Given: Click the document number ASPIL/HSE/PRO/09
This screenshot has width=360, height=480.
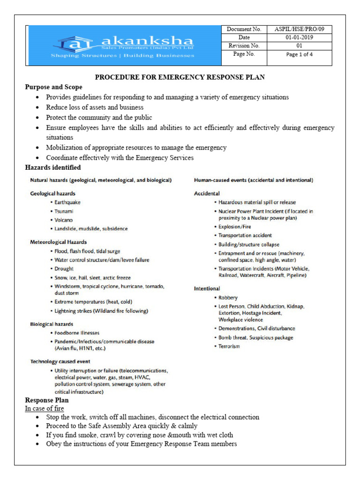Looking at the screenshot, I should click(x=300, y=29).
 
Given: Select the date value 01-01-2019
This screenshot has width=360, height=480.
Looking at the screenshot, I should click(x=300, y=37).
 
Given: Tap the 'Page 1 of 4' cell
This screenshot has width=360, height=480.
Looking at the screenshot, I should click(x=300, y=54).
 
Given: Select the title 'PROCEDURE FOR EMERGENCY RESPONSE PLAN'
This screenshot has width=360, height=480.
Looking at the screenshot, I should click(x=180, y=77).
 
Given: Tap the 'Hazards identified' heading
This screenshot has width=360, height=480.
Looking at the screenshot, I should click(x=52, y=167).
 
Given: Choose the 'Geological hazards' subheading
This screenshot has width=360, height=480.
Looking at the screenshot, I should click(x=53, y=193).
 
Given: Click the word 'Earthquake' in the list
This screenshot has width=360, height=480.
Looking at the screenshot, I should click(x=67, y=202).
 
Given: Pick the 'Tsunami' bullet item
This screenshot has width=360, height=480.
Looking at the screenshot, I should click(x=64, y=211).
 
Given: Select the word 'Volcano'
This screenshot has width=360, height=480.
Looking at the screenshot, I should click(x=64, y=220).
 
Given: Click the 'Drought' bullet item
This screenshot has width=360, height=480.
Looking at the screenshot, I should click(x=64, y=269).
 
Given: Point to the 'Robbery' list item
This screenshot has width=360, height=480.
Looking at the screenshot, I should click(x=228, y=298).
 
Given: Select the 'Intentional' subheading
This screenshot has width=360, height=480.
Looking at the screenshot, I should click(x=207, y=289).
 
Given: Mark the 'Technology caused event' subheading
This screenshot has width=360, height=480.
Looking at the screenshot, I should click(x=60, y=362).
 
